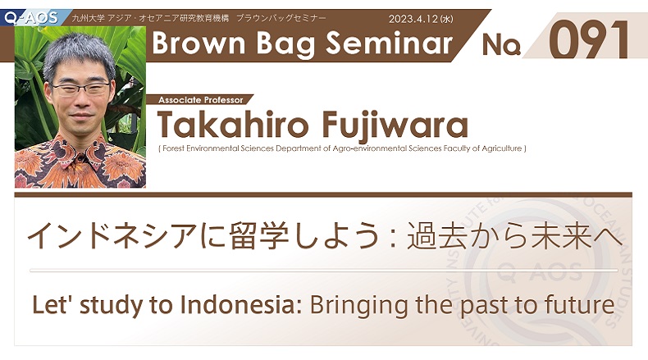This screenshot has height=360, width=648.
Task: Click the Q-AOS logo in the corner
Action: pos(31,17)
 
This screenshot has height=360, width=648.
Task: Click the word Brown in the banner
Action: pos(199,43)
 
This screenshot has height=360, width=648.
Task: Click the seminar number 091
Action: pos(588,40)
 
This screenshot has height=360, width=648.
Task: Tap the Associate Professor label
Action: pos(201,100)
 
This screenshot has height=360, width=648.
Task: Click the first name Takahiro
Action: pos(232,124)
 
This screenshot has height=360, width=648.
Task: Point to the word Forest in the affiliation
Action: pos(174,148)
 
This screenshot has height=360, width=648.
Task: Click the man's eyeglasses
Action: pos(81,88)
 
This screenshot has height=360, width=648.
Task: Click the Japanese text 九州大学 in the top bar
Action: pos(88,18)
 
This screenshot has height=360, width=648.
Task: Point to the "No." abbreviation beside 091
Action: pos(501,44)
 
